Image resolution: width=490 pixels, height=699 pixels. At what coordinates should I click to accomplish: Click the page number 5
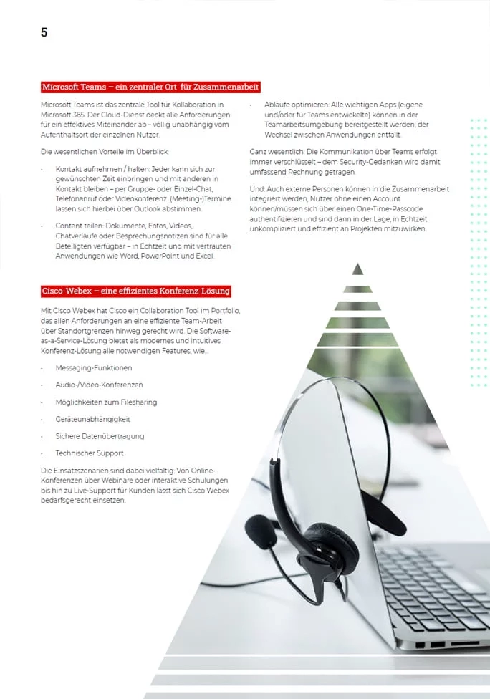coord(44,32)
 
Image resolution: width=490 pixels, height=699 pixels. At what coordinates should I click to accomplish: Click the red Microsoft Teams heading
coord(150,87)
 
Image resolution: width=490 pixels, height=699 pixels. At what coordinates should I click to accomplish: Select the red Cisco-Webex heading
coord(136,291)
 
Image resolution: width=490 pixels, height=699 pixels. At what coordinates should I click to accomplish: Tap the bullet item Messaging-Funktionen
coord(94,368)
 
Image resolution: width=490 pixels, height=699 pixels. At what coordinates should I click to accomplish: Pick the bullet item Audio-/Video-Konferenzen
coord(99,385)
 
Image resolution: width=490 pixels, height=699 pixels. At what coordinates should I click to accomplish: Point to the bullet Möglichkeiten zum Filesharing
coord(106,402)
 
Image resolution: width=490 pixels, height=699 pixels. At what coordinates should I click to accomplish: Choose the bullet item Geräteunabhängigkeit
coord(93,419)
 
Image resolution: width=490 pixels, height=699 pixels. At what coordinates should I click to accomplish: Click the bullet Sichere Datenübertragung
coord(100,436)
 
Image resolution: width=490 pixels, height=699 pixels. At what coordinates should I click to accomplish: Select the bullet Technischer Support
coord(90,453)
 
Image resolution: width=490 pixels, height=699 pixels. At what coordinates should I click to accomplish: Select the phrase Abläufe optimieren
coord(294,105)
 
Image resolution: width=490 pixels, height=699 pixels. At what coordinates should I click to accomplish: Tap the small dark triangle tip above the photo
coord(358,269)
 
